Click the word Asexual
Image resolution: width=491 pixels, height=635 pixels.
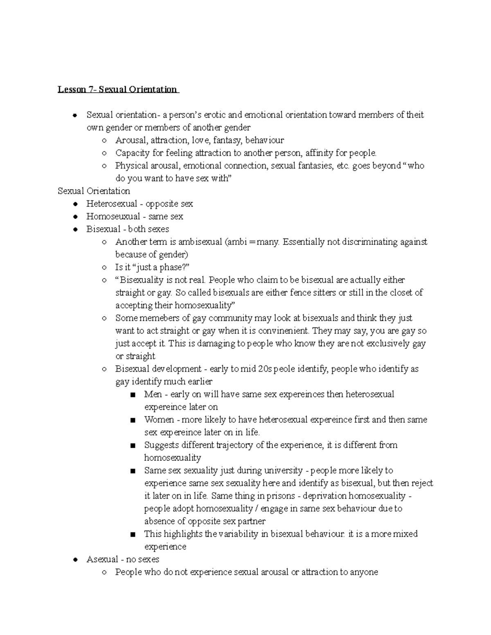102,559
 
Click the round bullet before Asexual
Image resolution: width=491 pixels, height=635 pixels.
75,559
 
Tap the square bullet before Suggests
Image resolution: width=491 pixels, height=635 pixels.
133,445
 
